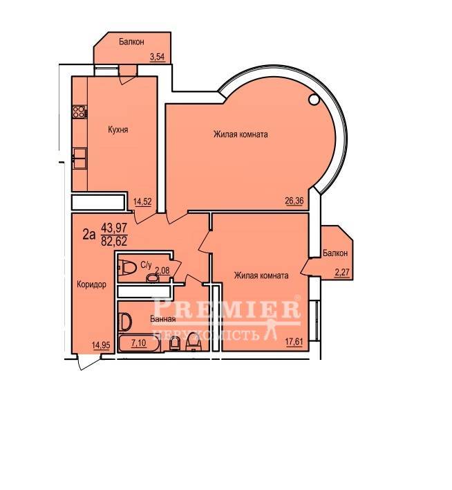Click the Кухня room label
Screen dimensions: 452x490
coord(118,129)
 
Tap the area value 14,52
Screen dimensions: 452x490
coord(142,201)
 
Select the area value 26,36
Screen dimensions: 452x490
coord(294,200)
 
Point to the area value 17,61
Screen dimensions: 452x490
coord(294,341)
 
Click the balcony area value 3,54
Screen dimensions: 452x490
coord(157,57)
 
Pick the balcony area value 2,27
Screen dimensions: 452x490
coord(342,273)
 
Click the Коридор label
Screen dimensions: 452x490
coord(91,284)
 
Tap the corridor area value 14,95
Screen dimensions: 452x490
coord(101,345)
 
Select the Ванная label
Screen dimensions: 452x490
coord(162,319)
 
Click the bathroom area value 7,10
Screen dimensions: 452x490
coord(139,343)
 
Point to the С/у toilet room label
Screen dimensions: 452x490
coord(146,265)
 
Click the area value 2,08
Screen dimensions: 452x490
coord(162,271)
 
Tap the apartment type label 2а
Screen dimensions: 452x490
coord(88,235)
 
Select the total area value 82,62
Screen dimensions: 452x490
coord(114,242)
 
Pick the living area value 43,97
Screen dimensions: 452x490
coord(114,228)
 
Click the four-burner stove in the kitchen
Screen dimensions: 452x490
coord(79,111)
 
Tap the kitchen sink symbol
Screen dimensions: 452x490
coord(79,158)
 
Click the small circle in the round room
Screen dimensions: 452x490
coord(313,100)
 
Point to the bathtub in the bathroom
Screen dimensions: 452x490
coord(140,344)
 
